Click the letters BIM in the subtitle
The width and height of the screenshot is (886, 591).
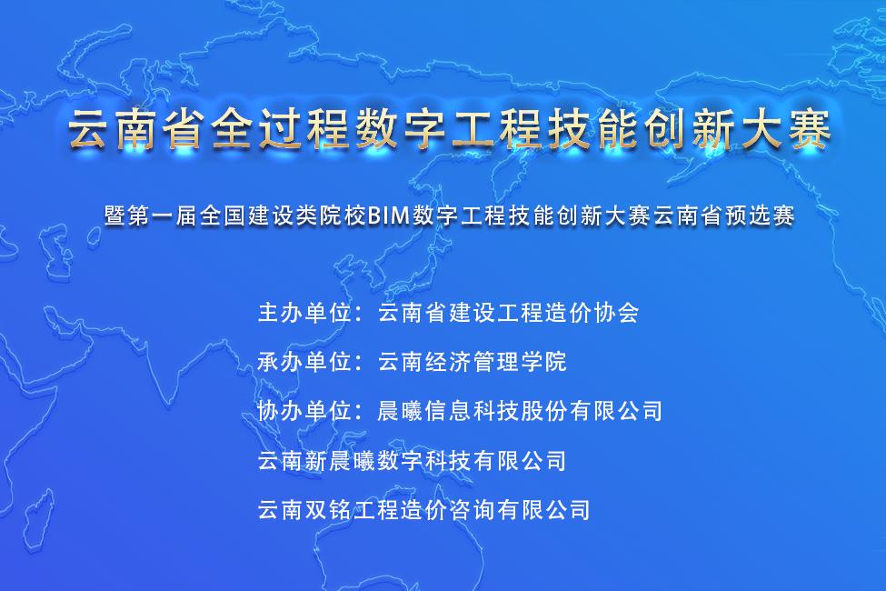389,215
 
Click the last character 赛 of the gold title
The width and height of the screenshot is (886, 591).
811,129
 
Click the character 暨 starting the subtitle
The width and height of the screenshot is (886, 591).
114,215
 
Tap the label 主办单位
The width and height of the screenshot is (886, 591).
305,312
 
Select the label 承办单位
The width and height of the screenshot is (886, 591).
305,361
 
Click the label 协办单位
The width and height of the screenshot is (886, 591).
305,411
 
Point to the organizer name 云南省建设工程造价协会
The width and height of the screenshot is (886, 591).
509,312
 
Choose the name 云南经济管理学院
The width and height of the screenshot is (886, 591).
473,361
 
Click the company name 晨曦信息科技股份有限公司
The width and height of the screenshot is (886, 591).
520,411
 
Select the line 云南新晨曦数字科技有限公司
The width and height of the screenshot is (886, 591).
412,460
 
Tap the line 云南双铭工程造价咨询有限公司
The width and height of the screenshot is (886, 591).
423,509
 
